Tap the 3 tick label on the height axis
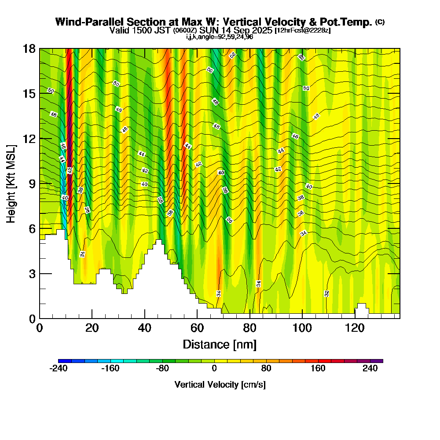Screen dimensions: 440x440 pos(32,274)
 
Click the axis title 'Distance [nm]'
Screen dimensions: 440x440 pos(220,344)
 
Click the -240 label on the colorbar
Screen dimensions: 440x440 pos(58,369)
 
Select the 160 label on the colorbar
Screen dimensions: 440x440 pos(318,369)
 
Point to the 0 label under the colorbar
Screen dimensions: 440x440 pos(214,369)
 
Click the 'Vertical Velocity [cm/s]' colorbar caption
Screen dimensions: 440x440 pos(220,385)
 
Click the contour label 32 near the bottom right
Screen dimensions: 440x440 pos(326,293)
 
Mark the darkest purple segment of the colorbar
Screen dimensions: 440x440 pos(379,361)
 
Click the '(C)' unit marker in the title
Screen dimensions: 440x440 pos(380,22)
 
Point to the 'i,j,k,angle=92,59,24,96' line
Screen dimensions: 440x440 pos(220,37)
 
